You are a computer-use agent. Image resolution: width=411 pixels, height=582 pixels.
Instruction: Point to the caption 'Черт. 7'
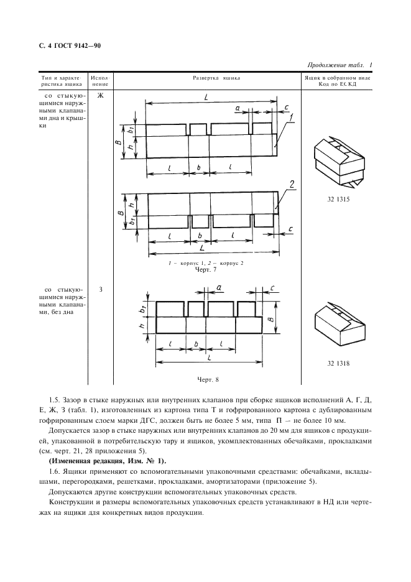pyautogui.click(x=206, y=270)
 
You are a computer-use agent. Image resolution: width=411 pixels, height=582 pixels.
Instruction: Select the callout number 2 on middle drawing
pyautogui.click(x=290, y=183)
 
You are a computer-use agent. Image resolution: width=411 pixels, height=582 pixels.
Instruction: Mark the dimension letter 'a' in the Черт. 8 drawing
pyautogui.click(x=219, y=287)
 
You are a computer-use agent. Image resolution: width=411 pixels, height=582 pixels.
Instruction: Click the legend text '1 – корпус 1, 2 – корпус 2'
pyautogui.click(x=206, y=264)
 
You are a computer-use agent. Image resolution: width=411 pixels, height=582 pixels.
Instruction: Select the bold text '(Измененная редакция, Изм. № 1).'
pyautogui.click(x=107, y=460)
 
